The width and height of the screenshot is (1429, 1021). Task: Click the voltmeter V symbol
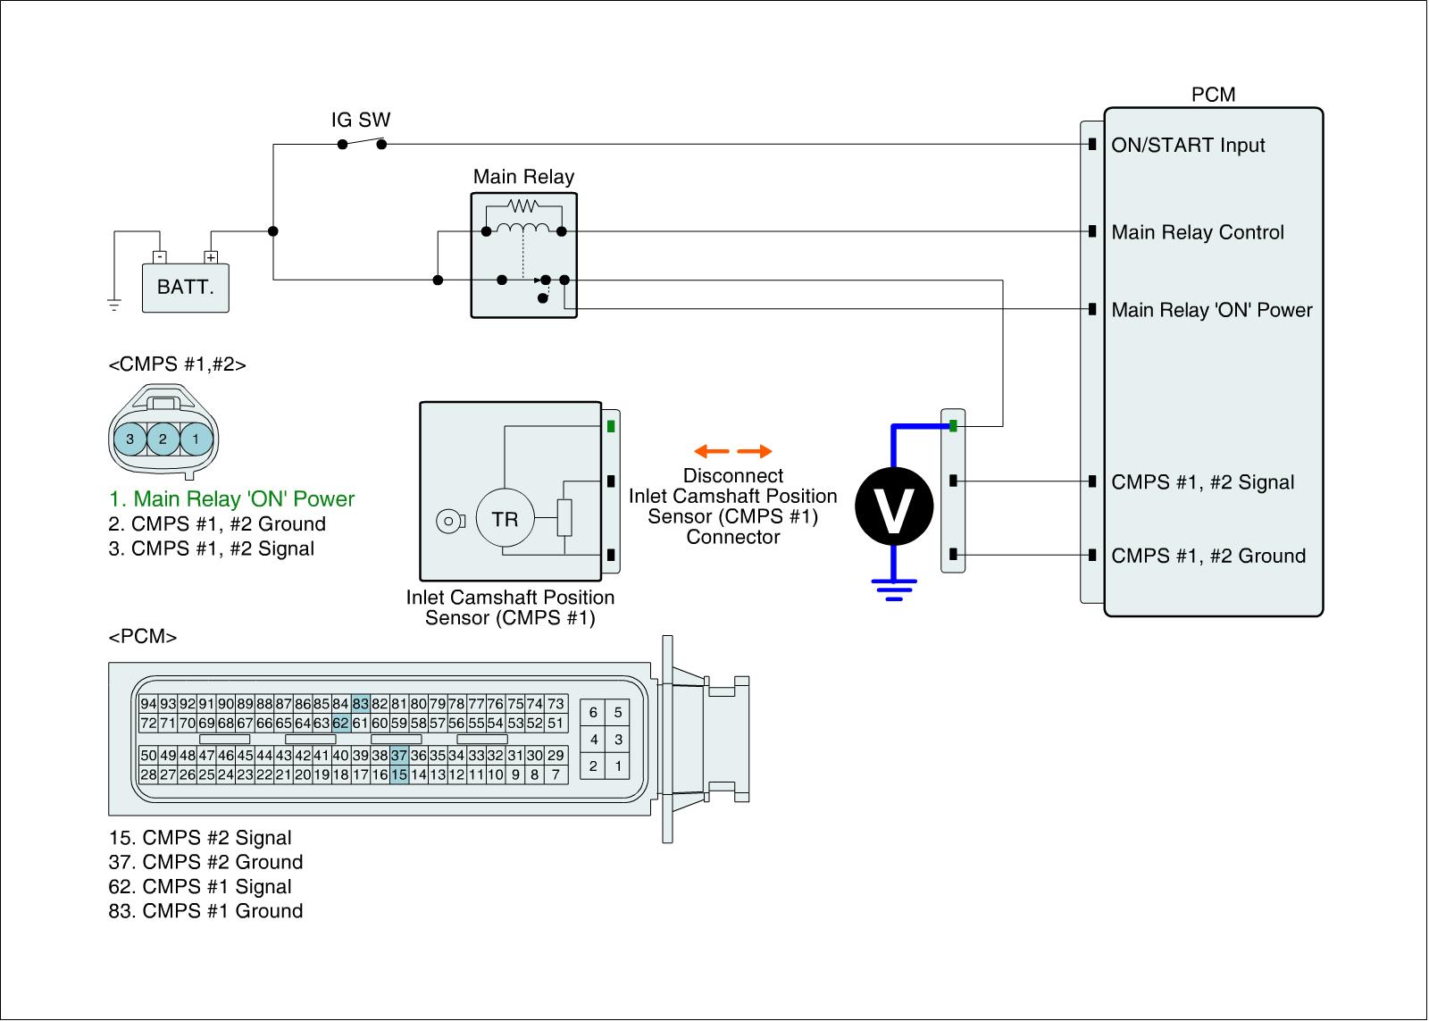click(x=894, y=506)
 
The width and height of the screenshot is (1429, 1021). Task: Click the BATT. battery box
click(x=186, y=288)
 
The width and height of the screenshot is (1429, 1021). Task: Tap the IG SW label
click(x=361, y=120)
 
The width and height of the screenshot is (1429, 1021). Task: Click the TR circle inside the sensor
click(x=505, y=519)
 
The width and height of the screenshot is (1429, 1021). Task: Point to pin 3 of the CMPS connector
click(x=130, y=439)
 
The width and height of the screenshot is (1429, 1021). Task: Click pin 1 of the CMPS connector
click(x=196, y=439)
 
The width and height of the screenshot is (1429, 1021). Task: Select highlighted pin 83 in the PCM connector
click(x=361, y=704)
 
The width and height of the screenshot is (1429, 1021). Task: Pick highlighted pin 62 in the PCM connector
click(x=341, y=723)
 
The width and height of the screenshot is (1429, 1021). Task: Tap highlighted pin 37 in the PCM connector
click(x=399, y=756)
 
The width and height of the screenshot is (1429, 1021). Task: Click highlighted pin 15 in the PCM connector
click(x=399, y=774)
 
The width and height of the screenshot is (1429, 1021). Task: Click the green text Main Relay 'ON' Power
click(x=232, y=499)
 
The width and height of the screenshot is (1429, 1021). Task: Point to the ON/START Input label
click(x=1188, y=146)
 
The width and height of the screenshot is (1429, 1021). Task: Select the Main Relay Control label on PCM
click(x=1198, y=233)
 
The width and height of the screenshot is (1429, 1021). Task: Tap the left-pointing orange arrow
click(x=712, y=451)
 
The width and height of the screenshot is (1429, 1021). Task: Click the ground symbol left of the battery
click(x=114, y=305)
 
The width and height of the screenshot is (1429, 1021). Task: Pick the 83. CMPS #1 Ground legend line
click(x=206, y=911)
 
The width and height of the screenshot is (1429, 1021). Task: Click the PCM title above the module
click(x=1213, y=95)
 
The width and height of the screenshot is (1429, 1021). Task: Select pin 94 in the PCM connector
click(x=149, y=704)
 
